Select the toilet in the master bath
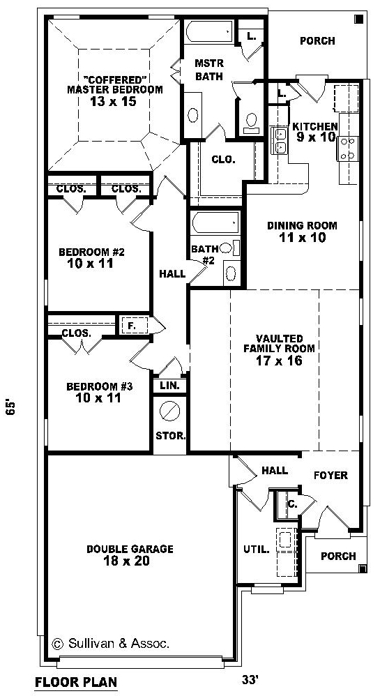(252, 122)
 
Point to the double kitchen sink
(280, 140)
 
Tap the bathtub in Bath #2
(216, 222)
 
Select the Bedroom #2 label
(91, 252)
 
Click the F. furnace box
(131, 326)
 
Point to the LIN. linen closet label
(169, 386)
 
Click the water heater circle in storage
(169, 411)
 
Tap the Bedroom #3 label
(100, 386)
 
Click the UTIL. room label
(256, 549)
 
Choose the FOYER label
(331, 476)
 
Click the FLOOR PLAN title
(76, 681)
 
